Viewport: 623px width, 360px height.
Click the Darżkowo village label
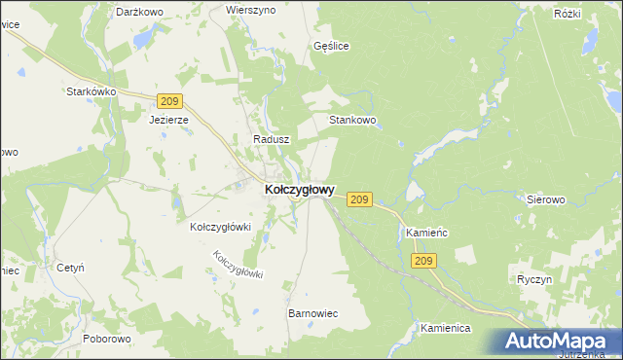(139, 12)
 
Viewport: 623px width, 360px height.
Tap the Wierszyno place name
(251, 9)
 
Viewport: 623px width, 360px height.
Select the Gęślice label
(332, 46)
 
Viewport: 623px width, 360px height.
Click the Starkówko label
(92, 91)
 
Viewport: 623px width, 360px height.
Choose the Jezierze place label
(167, 121)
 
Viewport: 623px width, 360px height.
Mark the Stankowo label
(352, 121)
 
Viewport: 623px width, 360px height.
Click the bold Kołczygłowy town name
(301, 191)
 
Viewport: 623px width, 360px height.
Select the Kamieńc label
(424, 234)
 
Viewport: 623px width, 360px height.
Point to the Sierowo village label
(546, 199)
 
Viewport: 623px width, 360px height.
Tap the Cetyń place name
(71, 267)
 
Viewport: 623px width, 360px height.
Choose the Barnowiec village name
(312, 314)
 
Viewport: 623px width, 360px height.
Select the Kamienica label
(446, 329)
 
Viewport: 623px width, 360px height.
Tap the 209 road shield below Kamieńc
(424, 261)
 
